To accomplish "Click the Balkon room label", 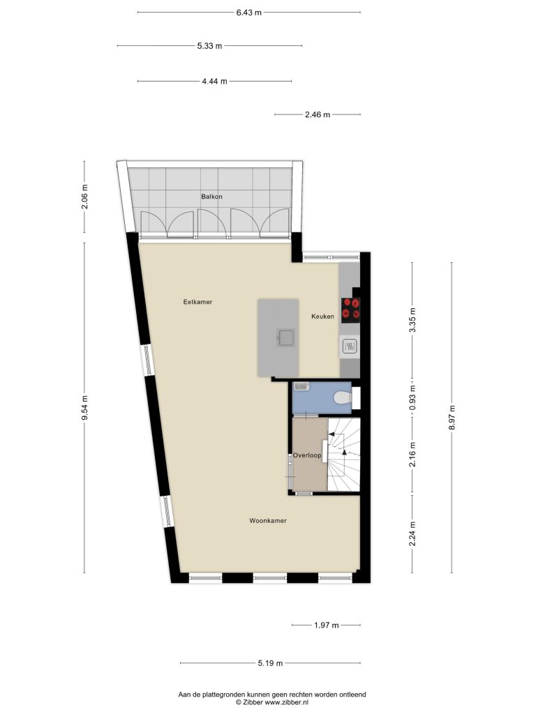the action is [x=211, y=197].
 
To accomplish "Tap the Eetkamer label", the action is [x=198, y=302].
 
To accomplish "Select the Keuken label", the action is [x=322, y=316].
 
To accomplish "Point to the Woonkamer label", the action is [x=268, y=520].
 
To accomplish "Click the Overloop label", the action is [x=307, y=455].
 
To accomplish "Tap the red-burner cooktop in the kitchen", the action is [x=350, y=310].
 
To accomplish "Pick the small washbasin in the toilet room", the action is [x=301, y=386].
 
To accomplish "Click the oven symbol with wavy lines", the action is [x=350, y=347].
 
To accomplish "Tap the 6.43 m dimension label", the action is [x=249, y=13].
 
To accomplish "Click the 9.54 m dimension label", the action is [x=84, y=409].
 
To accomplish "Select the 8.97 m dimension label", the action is [x=452, y=417].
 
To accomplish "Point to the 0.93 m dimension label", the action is [x=413, y=398].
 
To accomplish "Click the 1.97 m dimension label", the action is [x=327, y=625].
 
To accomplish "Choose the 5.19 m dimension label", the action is [x=270, y=663].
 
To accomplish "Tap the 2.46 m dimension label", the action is [x=318, y=115].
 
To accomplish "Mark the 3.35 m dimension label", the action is [x=413, y=320].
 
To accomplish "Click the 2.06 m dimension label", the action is [x=84, y=196].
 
